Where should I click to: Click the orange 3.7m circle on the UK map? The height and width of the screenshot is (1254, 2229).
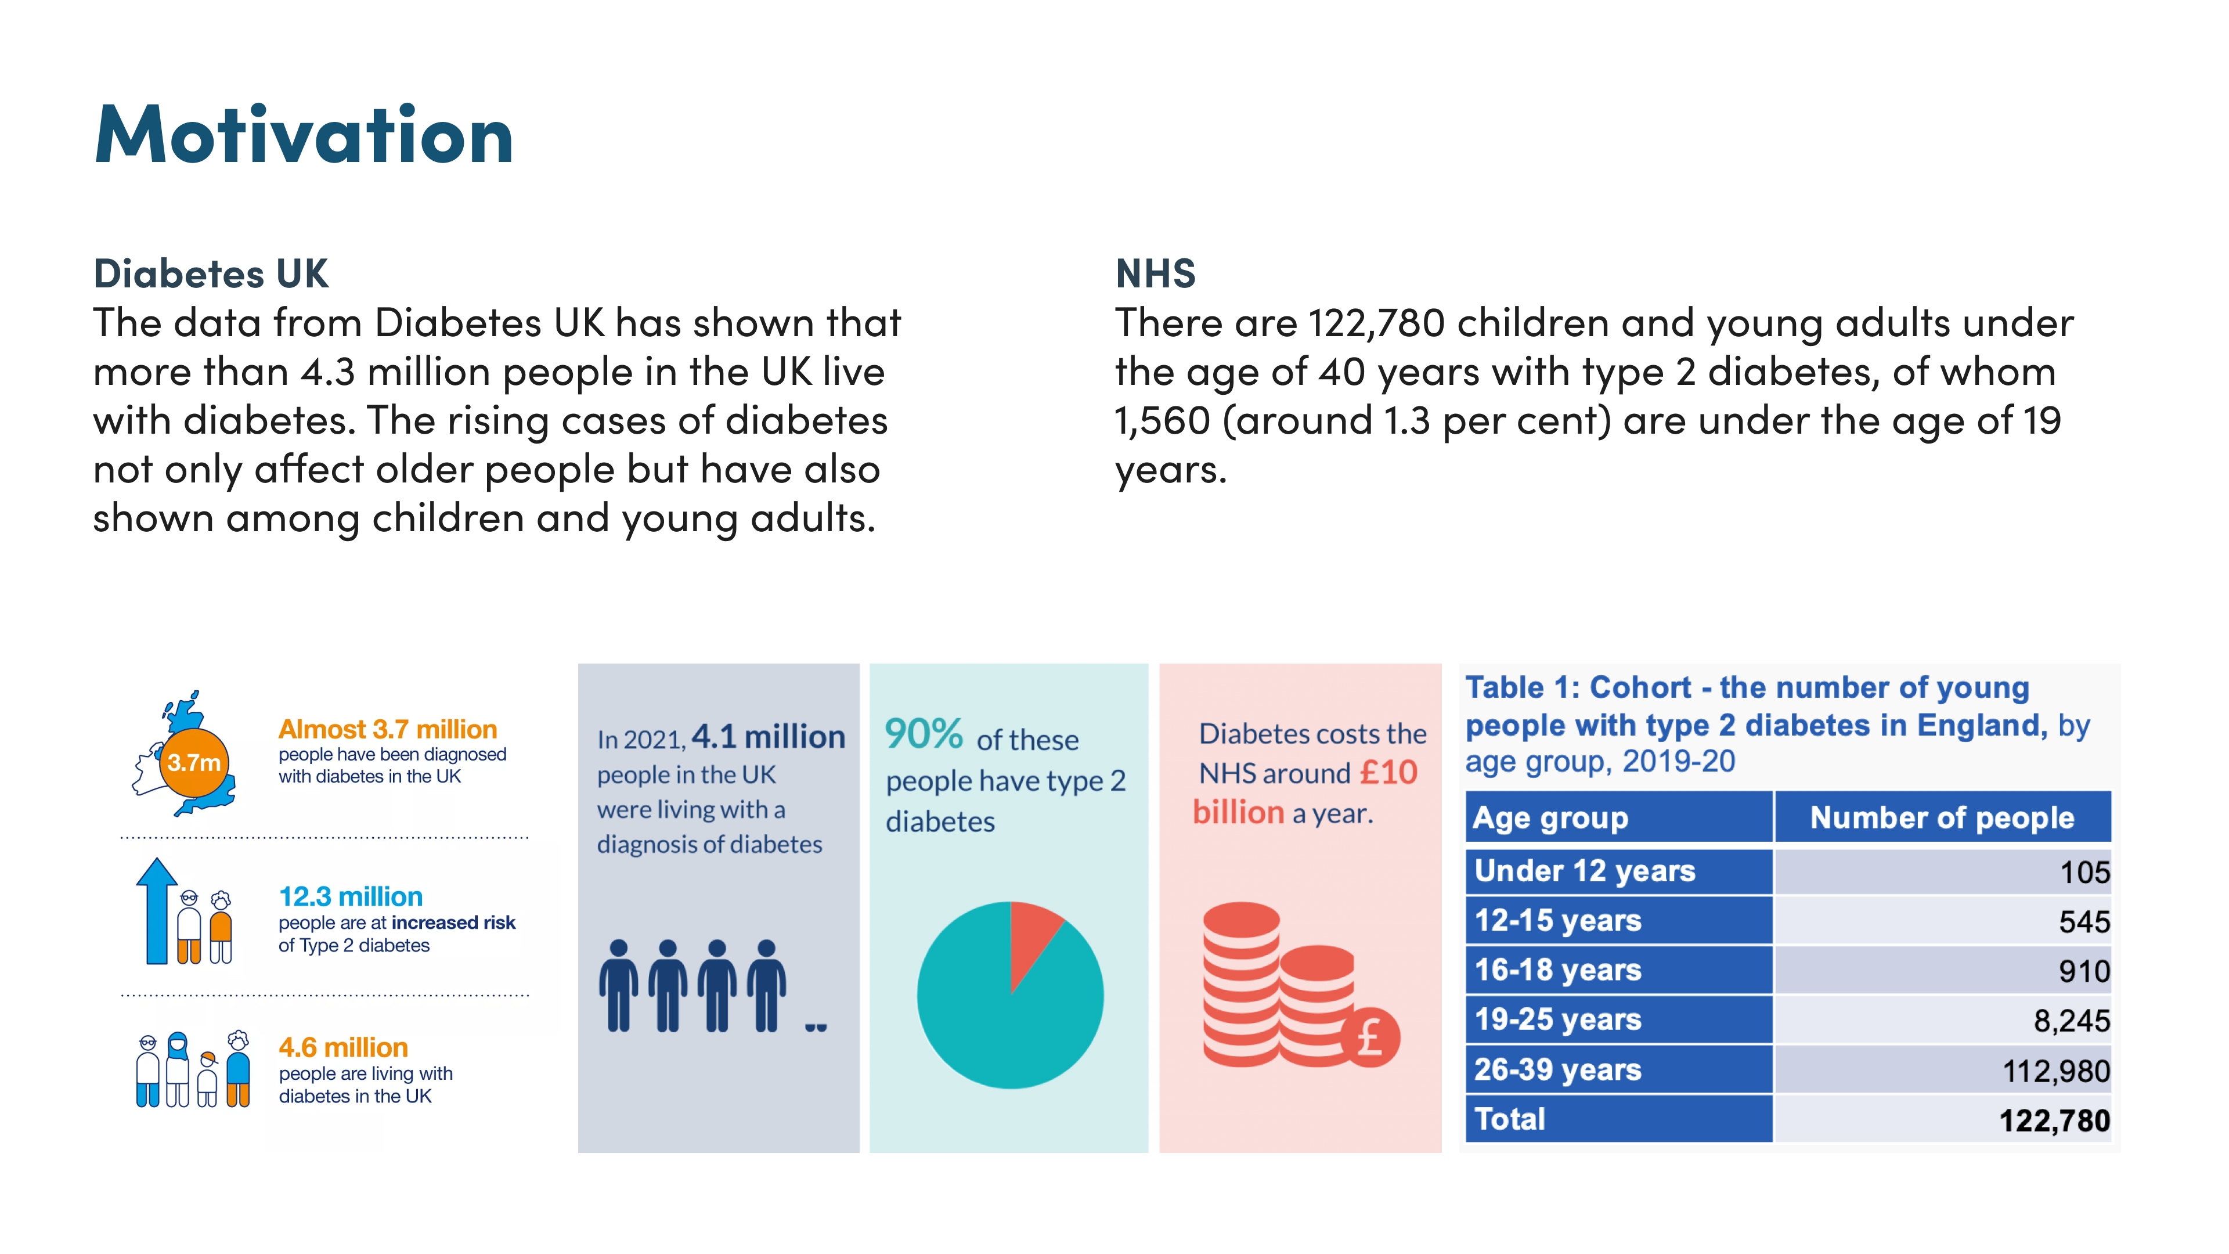coord(194,762)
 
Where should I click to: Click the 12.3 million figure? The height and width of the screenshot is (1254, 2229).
coord(351,896)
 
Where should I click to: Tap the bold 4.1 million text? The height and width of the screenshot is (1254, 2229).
coord(769,737)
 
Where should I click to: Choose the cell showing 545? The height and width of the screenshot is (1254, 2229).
coord(1943,921)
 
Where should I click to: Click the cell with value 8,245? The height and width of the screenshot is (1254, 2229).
coord(1943,1021)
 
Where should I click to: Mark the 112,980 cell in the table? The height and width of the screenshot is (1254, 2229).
coord(1943,1071)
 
